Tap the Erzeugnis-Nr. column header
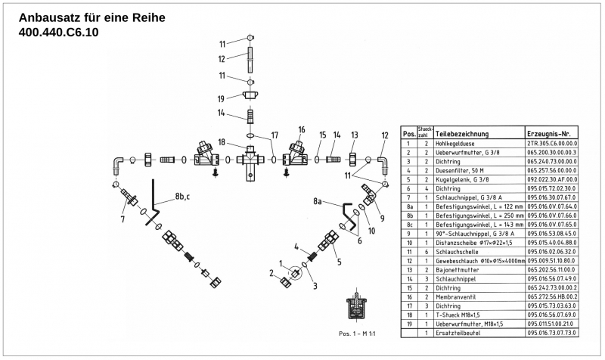pos(551,132)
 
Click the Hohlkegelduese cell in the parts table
pos(457,143)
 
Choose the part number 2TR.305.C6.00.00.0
pos(552,143)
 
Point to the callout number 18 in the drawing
pos(222,142)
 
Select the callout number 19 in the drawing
pos(222,98)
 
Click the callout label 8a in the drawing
pos(318,201)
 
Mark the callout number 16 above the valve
pos(301,129)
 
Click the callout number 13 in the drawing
pos(352,134)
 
